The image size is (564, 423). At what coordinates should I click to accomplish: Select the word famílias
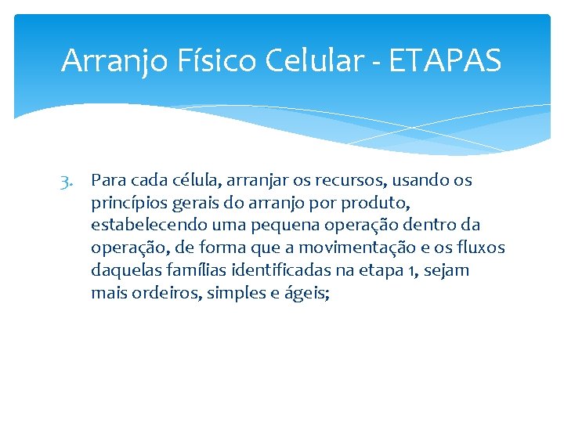pyautogui.click(x=188, y=271)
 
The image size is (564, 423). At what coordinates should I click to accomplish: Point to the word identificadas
pyautogui.click(x=267, y=271)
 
